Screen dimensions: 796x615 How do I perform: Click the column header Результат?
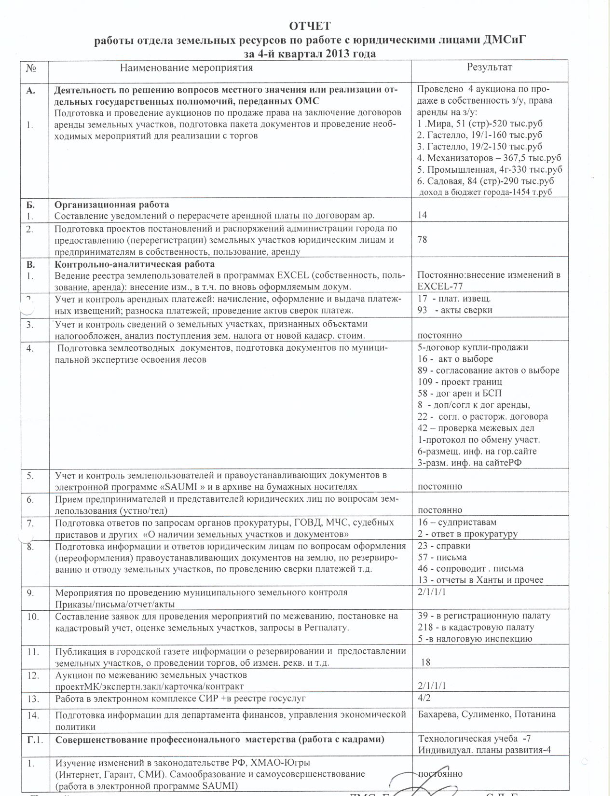[x=489, y=67]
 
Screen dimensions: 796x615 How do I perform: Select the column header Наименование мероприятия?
[x=186, y=68]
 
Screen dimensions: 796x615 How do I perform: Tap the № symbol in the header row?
[x=32, y=68]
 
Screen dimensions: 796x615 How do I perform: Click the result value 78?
[x=423, y=239]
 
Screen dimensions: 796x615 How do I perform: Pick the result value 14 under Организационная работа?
[x=423, y=215]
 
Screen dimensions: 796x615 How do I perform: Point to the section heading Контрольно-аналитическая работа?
[x=135, y=264]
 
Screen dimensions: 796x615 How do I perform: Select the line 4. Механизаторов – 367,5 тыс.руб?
[x=489, y=158]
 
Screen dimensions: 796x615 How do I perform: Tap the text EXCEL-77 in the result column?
[x=440, y=287]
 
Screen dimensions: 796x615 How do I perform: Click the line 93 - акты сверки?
[x=455, y=310]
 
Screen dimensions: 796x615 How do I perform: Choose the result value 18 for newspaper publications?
[x=426, y=662]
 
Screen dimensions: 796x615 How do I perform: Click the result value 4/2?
[x=424, y=698]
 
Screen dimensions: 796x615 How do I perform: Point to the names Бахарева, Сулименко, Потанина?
[x=487, y=714]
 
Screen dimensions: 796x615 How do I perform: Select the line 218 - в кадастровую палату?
[x=476, y=627]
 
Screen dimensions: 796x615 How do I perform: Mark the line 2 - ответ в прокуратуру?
[x=467, y=534]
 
